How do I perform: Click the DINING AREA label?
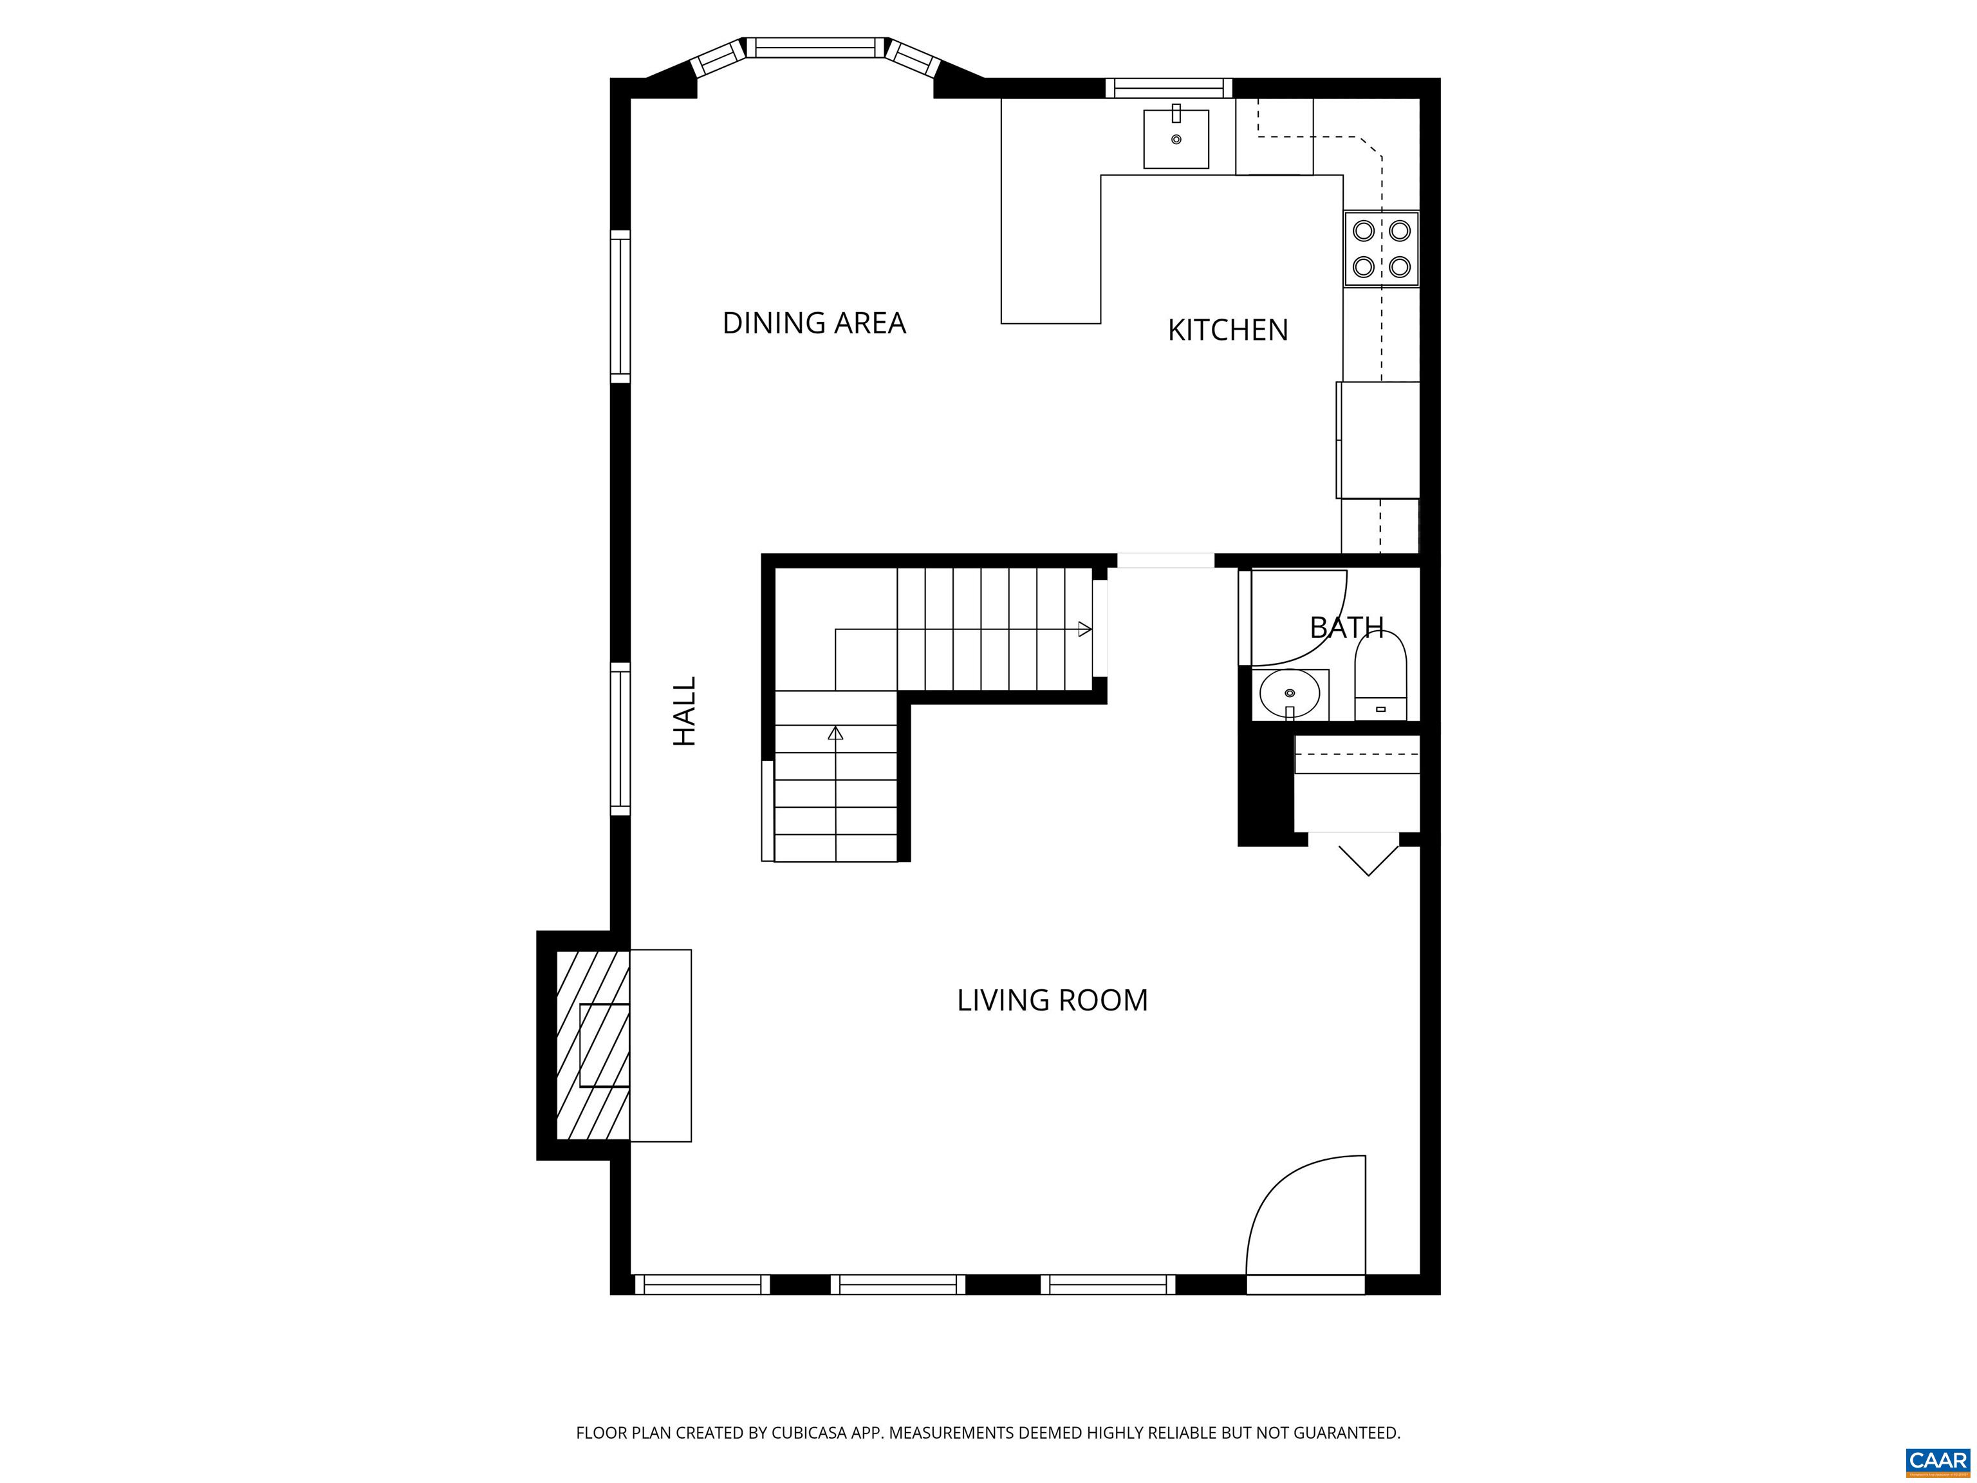813,322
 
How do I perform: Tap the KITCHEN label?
1227,330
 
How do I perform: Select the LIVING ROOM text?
1052,1000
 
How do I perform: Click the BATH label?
1346,628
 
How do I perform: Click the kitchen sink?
1176,140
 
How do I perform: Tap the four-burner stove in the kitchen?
1381,248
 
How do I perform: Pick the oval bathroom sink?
1289,693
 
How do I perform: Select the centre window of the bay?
815,48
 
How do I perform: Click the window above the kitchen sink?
1168,88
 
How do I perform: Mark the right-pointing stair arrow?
1084,630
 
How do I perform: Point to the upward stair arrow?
836,734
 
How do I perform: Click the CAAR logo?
1937,1460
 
